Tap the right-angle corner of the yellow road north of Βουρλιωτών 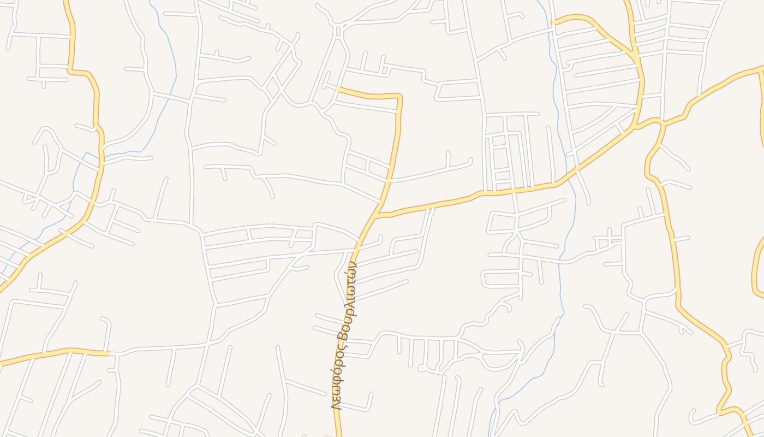point(400,97)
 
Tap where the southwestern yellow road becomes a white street point(109,354)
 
